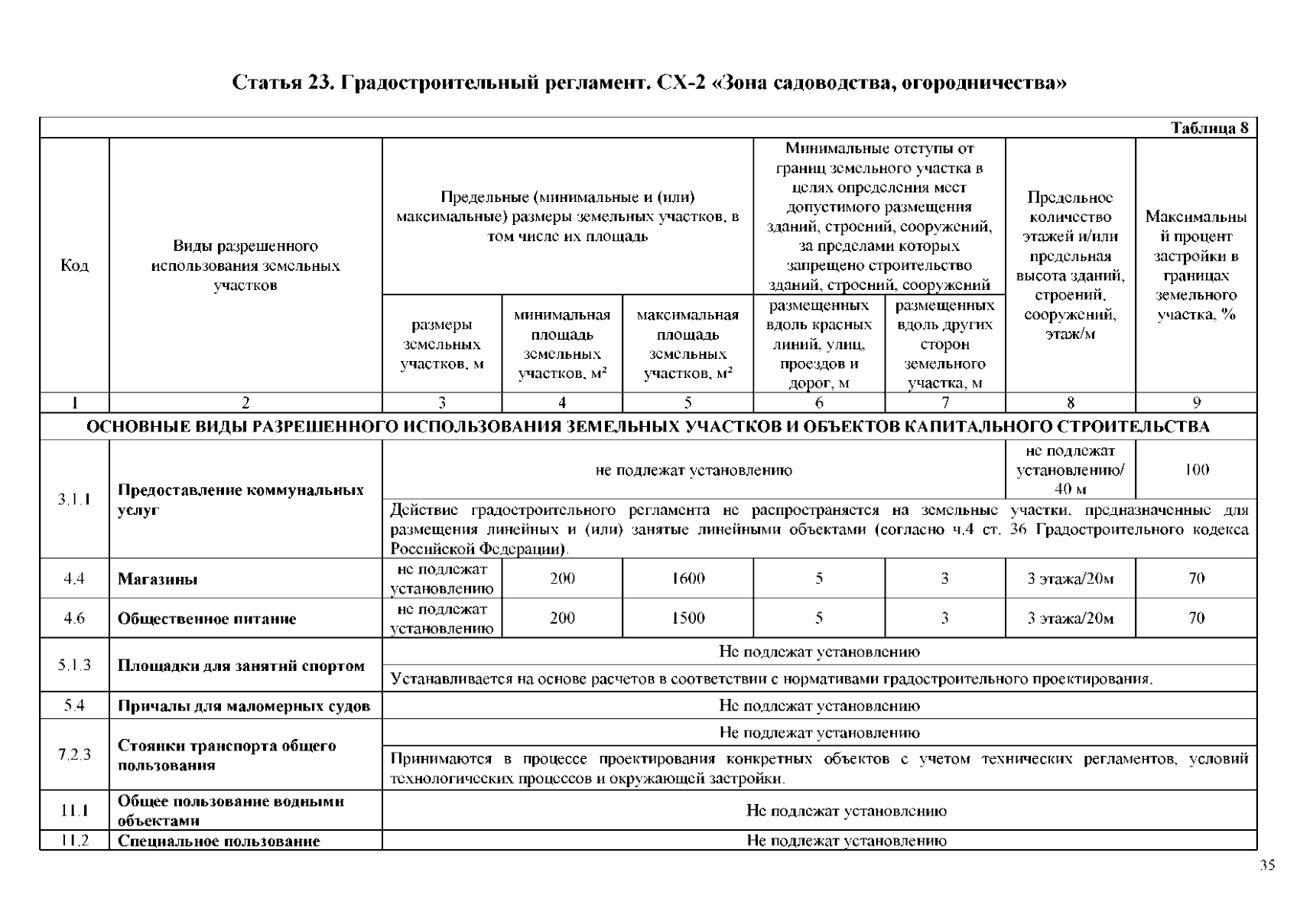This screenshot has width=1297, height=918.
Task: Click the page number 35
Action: coord(1266,865)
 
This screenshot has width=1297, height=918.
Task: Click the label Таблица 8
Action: coord(1210,128)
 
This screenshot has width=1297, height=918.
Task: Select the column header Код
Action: coord(74,265)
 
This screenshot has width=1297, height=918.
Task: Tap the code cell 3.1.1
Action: coord(74,500)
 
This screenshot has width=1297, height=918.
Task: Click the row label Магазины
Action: coord(158,579)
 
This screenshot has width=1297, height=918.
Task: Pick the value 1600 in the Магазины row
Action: coord(688,578)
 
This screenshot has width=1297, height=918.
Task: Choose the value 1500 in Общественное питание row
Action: coord(688,618)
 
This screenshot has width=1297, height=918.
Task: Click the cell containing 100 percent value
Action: coord(1196,470)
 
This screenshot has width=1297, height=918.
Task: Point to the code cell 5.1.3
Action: coord(74,665)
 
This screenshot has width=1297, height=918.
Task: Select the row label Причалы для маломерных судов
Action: coord(244,706)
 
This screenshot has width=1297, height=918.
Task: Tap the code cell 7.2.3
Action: coord(74,754)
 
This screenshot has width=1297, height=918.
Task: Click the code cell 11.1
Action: coord(74,811)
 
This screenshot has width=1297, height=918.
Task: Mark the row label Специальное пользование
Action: coord(219,841)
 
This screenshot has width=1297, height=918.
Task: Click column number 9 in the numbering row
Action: coord(1196,402)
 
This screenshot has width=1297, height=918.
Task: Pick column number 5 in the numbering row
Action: coord(688,402)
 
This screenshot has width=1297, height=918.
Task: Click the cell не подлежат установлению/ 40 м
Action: coord(1070,470)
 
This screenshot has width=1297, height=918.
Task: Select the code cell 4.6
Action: coord(74,618)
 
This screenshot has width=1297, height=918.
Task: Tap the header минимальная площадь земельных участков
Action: coord(562,343)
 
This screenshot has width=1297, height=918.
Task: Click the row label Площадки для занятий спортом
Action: coord(241,666)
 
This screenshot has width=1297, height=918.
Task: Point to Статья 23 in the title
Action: coord(281,82)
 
